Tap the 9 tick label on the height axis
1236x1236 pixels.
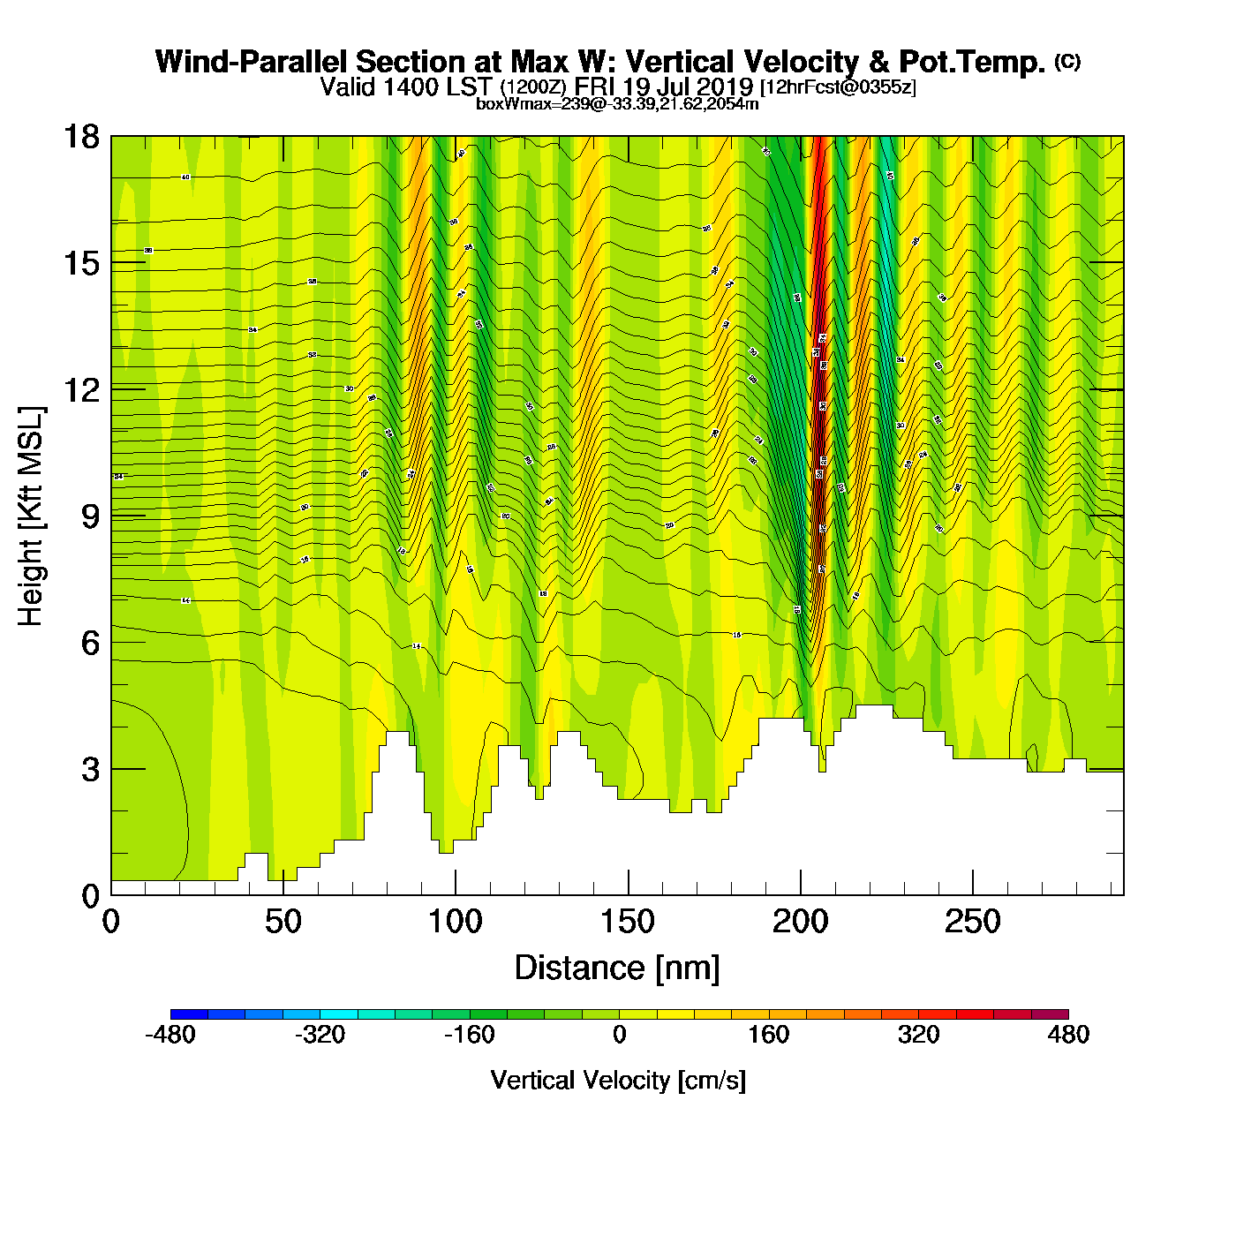click(90, 516)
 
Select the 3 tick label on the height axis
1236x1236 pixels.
click(90, 770)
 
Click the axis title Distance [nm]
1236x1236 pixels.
click(617, 968)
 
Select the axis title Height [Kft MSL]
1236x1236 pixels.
click(31, 516)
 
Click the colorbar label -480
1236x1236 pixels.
click(170, 1035)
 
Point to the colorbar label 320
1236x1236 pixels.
click(918, 1035)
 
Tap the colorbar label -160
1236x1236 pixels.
click(469, 1035)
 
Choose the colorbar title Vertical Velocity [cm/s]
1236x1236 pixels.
click(618, 1081)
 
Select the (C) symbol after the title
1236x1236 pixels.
click(1067, 61)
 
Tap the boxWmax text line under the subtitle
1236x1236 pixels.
click(617, 103)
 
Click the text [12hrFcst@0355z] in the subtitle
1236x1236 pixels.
click(838, 87)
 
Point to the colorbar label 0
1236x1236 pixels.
click(619, 1035)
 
